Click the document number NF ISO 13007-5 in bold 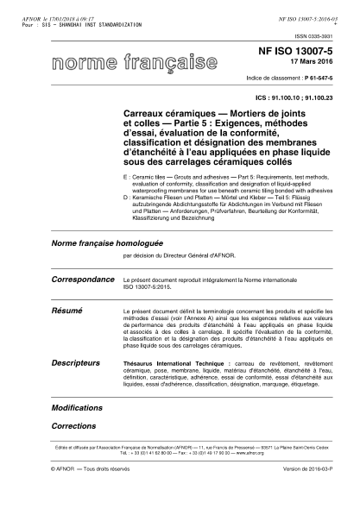[307, 53]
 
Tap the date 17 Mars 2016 [313, 64]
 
